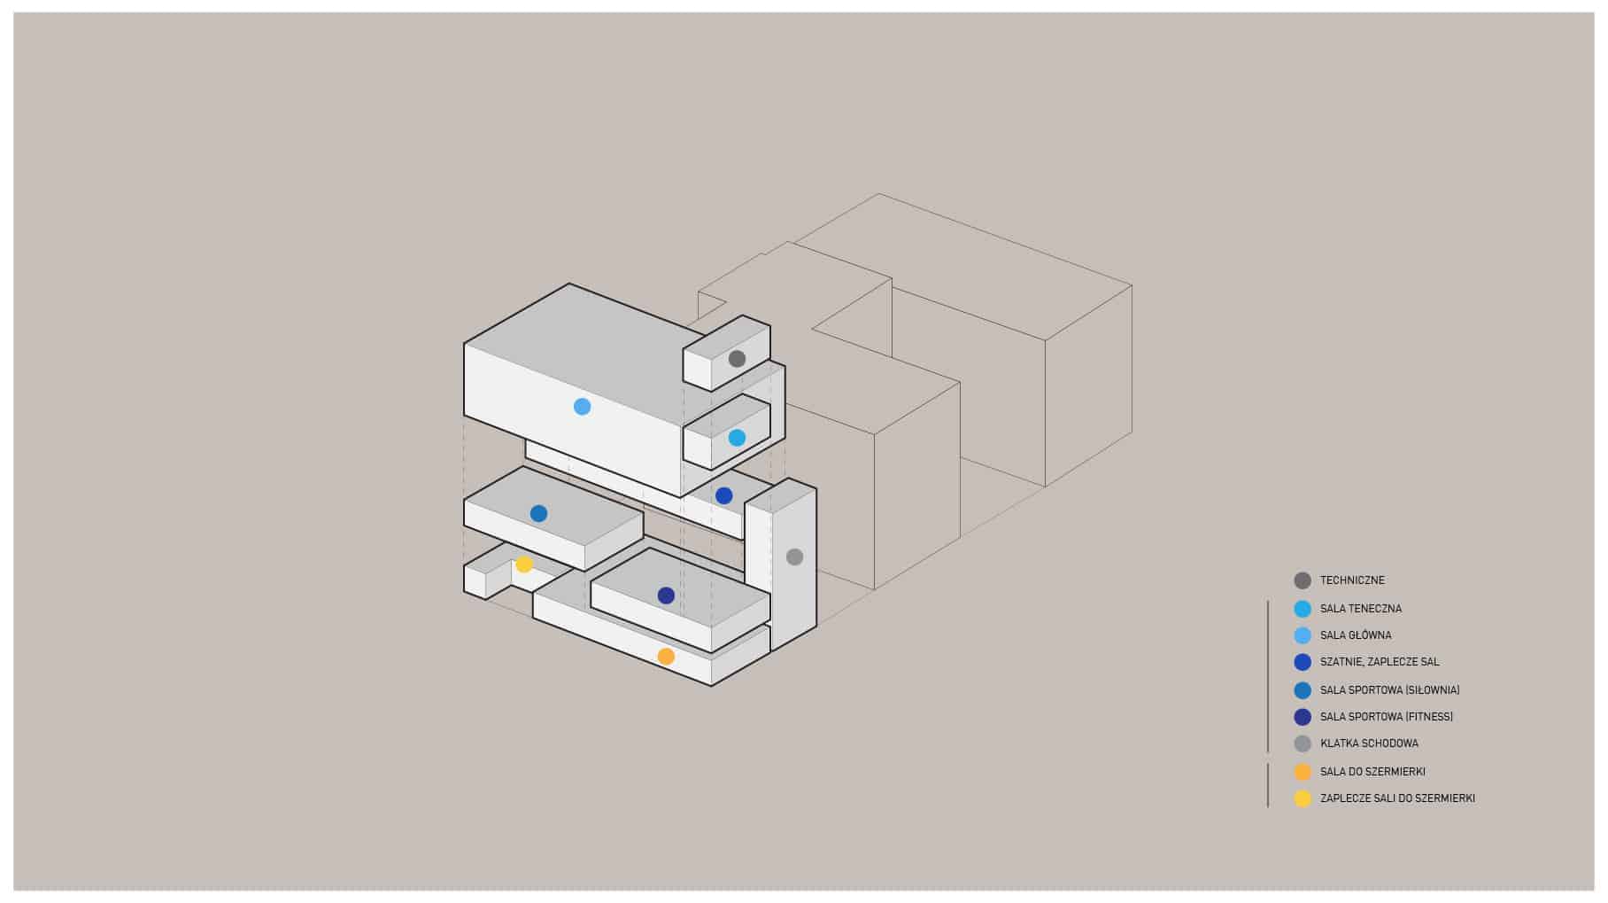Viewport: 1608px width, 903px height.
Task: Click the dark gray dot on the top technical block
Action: coord(737,359)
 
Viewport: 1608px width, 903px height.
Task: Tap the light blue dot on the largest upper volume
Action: coord(582,407)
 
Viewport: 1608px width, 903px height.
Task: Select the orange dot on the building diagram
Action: coord(666,657)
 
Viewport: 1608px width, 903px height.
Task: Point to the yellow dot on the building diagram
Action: coord(524,564)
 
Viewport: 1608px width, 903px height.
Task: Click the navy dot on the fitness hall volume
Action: coord(666,596)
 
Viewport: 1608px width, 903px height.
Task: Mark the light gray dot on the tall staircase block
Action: coord(794,557)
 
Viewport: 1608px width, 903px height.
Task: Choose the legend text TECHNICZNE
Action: coord(1352,580)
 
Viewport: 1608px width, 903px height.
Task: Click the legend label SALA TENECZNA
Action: coord(1361,609)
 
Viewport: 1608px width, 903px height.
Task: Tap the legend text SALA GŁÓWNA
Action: coord(1356,635)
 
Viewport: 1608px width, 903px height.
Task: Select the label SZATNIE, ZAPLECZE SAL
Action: coord(1380,662)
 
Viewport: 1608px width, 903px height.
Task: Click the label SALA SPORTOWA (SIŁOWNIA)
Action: coord(1389,690)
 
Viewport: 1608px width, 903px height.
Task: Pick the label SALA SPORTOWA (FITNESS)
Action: coord(1387,717)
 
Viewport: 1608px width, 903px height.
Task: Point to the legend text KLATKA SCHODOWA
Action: coord(1369,743)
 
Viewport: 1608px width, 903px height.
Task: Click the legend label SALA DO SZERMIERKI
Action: coord(1372,772)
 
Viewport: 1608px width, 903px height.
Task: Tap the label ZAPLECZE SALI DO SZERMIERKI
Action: coord(1397,798)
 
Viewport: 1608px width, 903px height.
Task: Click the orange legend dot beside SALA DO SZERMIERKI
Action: coord(1303,772)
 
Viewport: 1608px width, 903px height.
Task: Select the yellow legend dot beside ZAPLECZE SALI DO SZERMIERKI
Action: coord(1303,798)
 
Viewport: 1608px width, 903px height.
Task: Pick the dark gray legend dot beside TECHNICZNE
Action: coord(1303,580)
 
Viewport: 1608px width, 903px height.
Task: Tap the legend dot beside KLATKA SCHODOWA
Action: coord(1303,743)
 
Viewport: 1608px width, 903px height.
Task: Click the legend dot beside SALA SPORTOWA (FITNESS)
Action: coord(1303,717)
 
